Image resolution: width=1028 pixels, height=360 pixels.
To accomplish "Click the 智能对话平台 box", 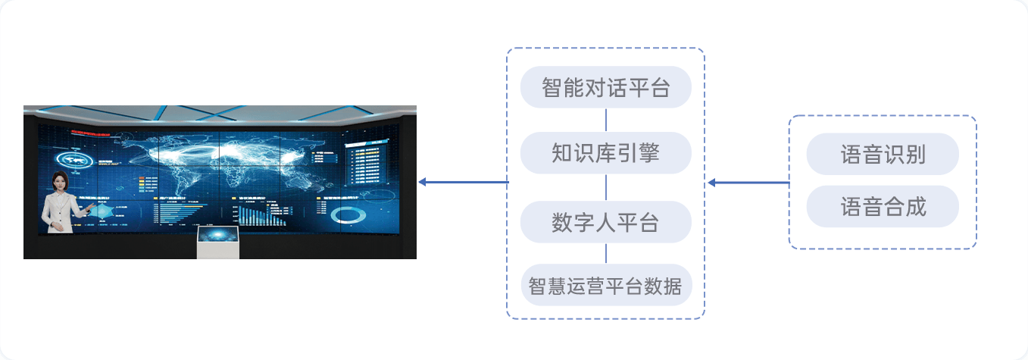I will pyautogui.click(x=605, y=87).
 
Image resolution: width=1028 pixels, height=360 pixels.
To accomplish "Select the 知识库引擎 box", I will pyautogui.click(x=605, y=153).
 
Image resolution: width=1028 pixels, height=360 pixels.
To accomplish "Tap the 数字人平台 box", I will pyautogui.click(x=605, y=222).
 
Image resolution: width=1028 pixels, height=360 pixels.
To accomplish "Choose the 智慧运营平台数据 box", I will pyautogui.click(x=605, y=286).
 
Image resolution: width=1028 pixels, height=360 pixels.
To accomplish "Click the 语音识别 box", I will pyautogui.click(x=883, y=155).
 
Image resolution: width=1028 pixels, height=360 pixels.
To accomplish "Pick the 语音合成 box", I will pyautogui.click(x=883, y=206).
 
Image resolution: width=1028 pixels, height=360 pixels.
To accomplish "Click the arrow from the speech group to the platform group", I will pyautogui.click(x=748, y=183).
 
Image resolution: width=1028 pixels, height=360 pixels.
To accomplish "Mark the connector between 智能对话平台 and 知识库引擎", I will pyautogui.click(x=605, y=120).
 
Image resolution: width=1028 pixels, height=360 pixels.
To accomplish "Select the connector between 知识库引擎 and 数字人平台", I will pyautogui.click(x=605, y=188).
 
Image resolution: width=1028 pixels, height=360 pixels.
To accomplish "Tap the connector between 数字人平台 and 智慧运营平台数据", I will pyautogui.click(x=605, y=253).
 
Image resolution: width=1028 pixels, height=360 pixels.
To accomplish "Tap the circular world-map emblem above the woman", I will pyautogui.click(x=74, y=159).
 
